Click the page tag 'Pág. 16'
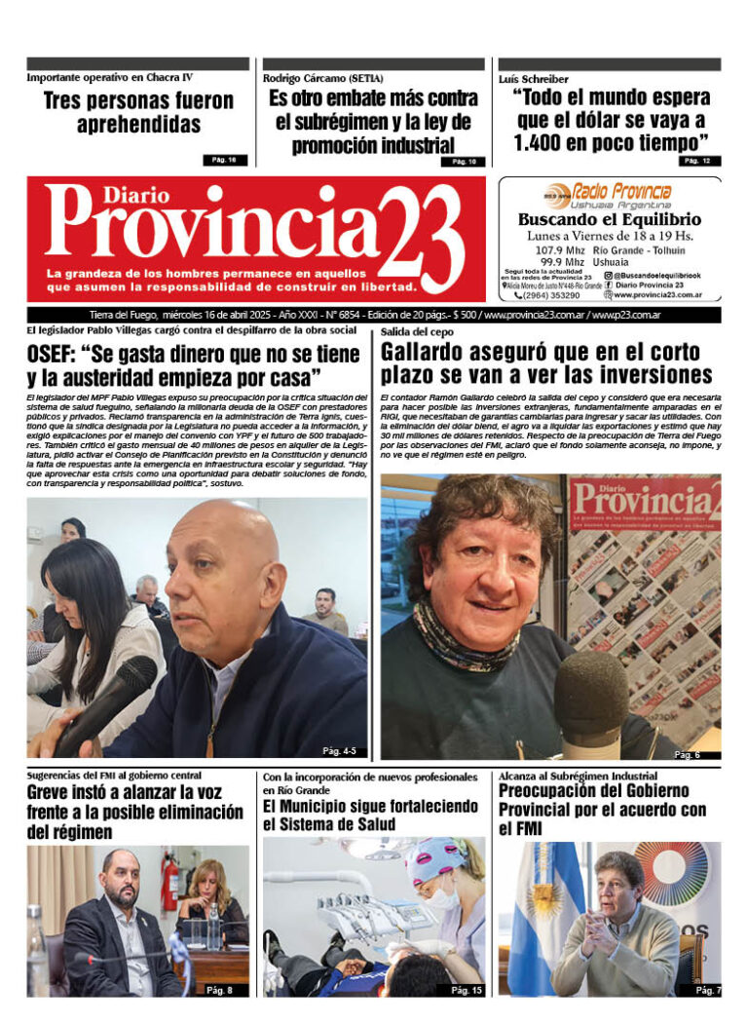[x=225, y=159]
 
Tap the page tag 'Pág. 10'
[x=463, y=161]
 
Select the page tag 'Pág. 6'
[x=687, y=754]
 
